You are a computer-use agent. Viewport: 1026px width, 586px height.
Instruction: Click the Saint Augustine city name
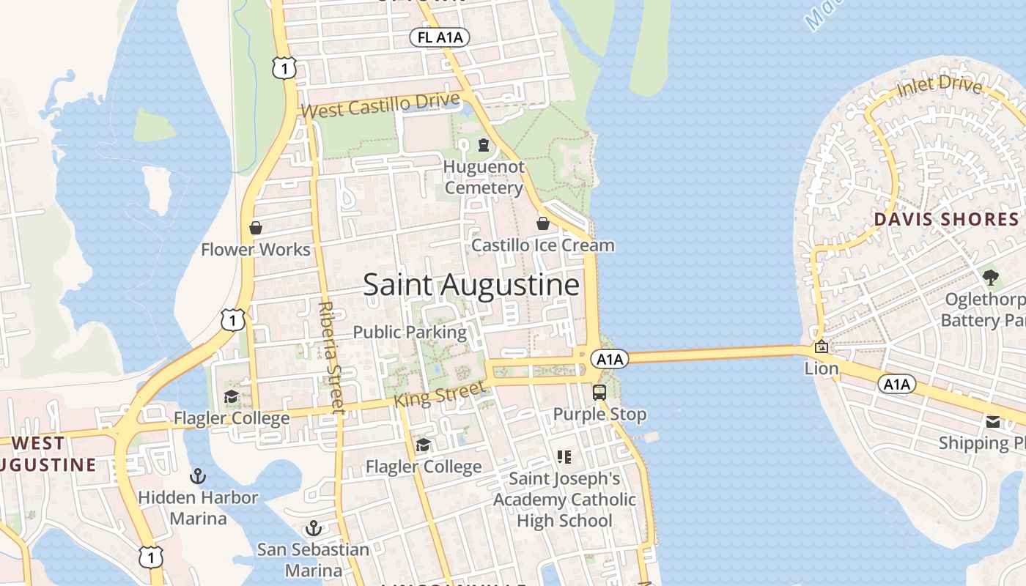471,285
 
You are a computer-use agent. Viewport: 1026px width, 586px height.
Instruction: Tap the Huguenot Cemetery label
484,177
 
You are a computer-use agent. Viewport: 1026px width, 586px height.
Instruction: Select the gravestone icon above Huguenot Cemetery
483,145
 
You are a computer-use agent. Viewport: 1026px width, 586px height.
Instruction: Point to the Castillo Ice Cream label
542,245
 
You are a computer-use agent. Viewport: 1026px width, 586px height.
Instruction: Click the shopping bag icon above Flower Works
256,228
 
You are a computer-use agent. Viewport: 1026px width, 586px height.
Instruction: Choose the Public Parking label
410,332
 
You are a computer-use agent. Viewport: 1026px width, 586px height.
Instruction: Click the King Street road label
439,395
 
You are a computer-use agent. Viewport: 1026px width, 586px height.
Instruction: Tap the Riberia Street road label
331,357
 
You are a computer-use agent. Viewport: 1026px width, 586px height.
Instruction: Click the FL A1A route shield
440,38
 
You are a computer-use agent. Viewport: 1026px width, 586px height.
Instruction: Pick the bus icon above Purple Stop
599,393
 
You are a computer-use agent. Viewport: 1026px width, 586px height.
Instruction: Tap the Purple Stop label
599,415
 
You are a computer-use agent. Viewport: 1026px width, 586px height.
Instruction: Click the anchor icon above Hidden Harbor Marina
197,477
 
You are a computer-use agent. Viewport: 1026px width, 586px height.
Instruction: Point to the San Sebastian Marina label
313,560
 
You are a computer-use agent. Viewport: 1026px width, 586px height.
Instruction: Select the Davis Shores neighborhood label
946,219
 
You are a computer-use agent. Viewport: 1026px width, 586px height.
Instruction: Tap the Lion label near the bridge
822,368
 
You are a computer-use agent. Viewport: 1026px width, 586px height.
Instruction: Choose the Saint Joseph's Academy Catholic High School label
564,500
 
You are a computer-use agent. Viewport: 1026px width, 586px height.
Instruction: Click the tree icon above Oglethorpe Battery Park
991,278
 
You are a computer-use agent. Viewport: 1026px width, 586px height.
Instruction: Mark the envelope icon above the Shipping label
993,421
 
